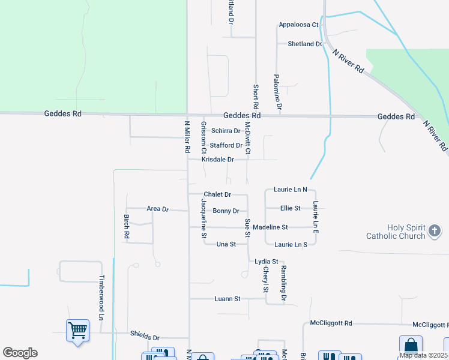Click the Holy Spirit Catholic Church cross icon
435,230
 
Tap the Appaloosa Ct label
298,25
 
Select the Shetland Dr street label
305,44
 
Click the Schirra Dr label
226,131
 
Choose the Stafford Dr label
226,145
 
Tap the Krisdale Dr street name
217,160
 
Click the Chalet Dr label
217,194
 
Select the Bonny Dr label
226,211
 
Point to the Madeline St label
270,227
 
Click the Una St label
226,244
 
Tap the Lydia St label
267,262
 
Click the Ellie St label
290,208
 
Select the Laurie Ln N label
291,190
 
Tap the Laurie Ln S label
291,244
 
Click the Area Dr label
158,209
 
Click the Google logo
20,353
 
